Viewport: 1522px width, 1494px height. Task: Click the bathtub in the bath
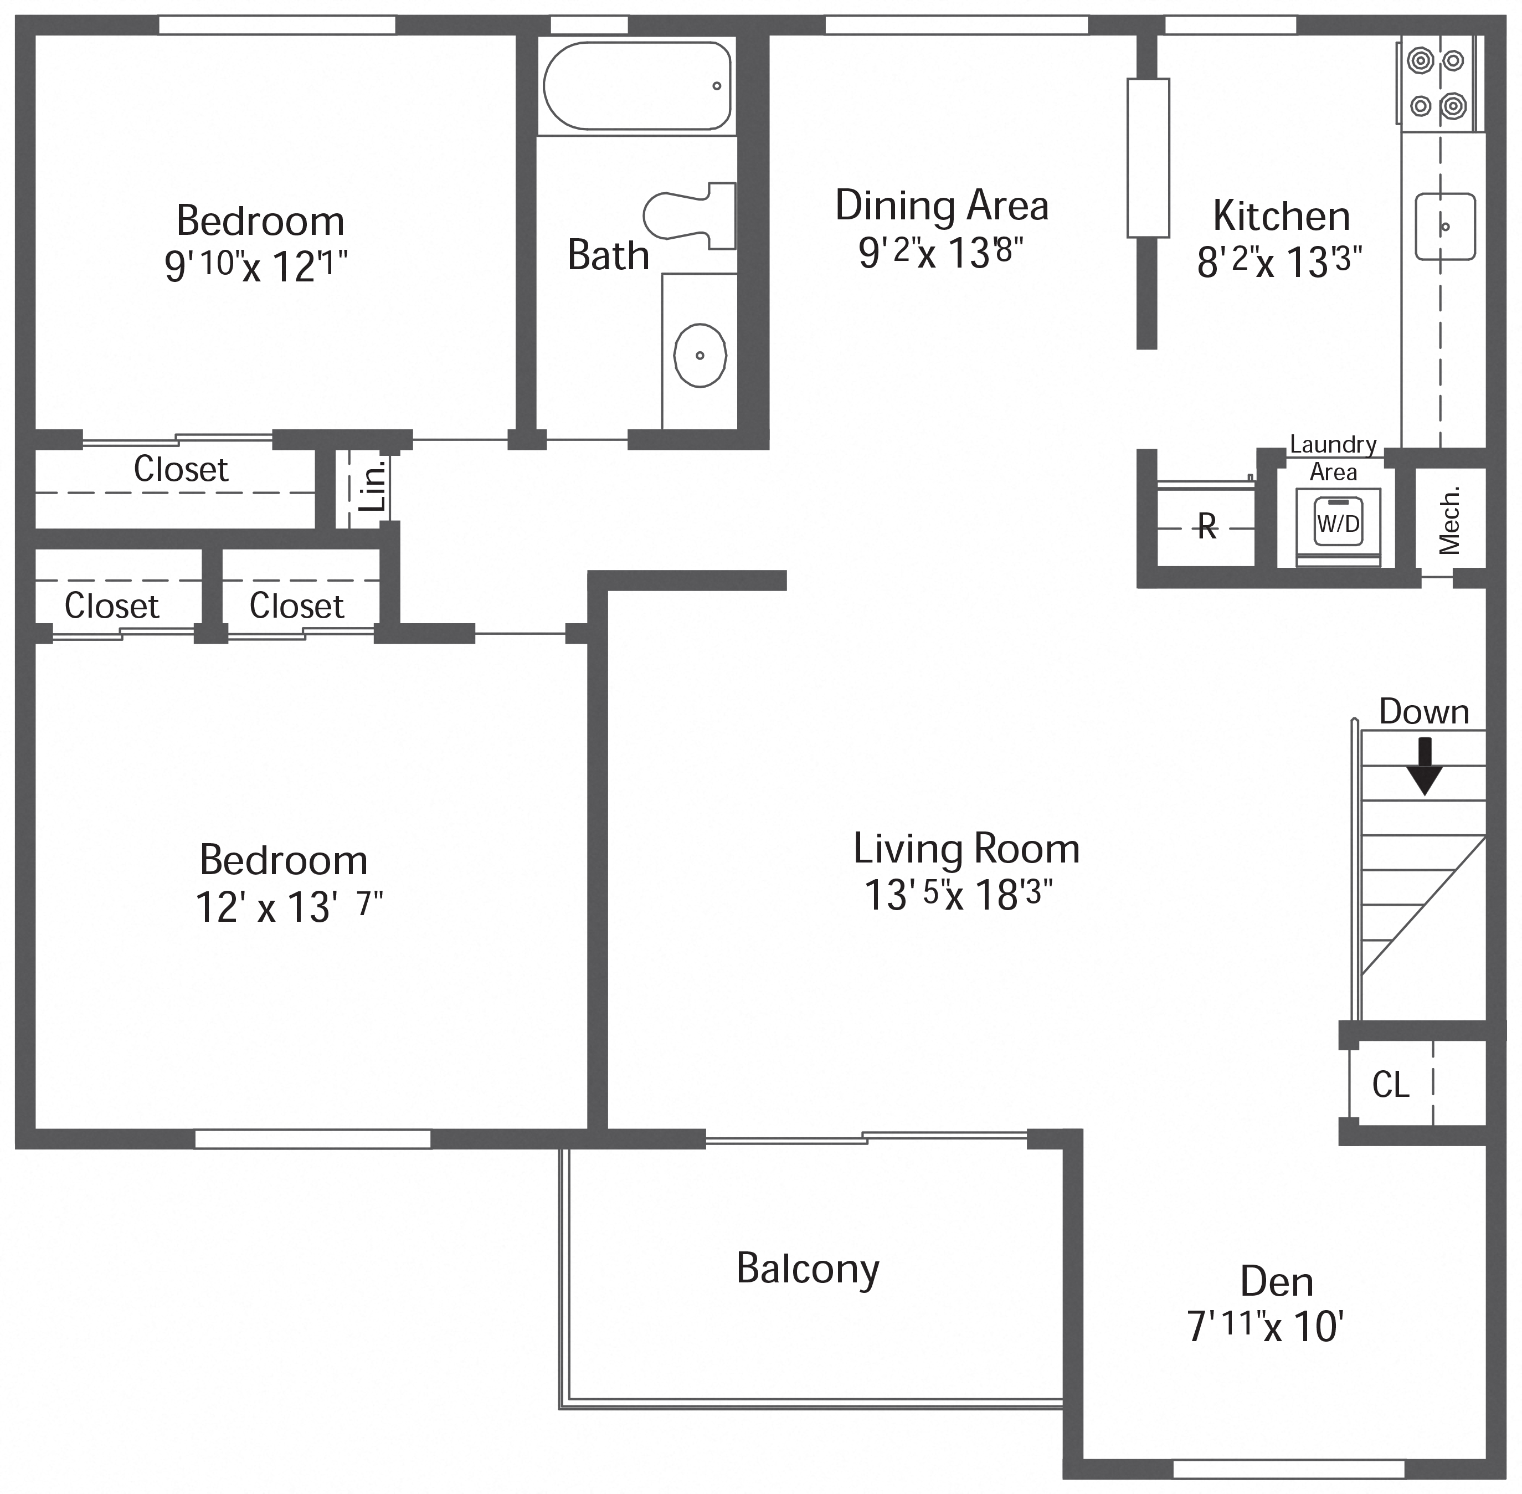point(636,85)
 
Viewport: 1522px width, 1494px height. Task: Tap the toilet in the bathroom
point(691,215)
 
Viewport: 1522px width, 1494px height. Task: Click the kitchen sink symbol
point(1444,226)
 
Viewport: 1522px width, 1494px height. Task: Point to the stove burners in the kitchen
point(1437,83)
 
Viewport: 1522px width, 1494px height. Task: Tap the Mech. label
point(1449,520)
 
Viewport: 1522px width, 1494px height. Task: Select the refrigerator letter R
point(1207,527)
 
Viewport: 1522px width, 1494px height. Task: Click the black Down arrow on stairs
point(1423,766)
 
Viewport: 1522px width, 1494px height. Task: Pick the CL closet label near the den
point(1390,1085)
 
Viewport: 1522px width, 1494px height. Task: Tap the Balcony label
point(808,1268)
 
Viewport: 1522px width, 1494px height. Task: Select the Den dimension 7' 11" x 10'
point(1266,1326)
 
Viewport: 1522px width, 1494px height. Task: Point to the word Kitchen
point(1281,216)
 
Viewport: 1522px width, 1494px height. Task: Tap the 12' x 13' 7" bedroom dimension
point(288,907)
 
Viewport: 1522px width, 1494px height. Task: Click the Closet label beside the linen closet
point(181,469)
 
